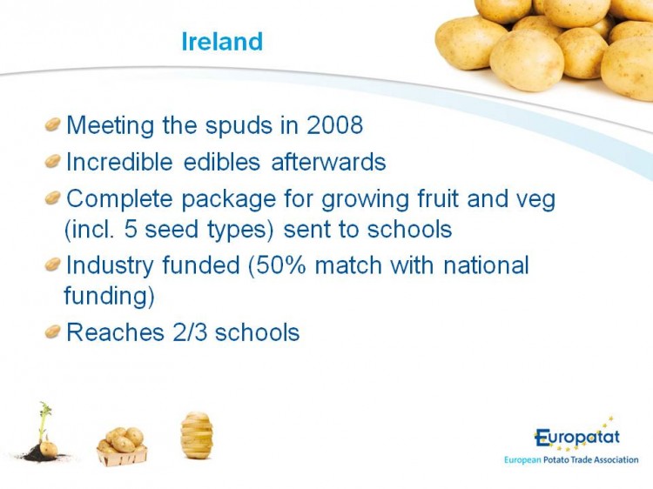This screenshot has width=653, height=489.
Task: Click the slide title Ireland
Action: (222, 42)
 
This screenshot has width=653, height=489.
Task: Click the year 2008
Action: (335, 124)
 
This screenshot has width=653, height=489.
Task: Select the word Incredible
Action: (119, 162)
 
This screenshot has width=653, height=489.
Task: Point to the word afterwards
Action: (328, 162)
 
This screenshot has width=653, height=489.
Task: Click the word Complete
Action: (119, 199)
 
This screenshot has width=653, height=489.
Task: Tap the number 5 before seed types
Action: (131, 230)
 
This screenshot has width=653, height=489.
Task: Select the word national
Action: (486, 265)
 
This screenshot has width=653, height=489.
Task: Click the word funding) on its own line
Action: (109, 297)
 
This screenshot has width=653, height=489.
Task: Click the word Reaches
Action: (115, 332)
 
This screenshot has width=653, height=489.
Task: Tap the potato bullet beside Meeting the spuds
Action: (53, 124)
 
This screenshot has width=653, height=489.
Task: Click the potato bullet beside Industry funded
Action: (53, 264)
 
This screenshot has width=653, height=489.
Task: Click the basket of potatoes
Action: (122, 446)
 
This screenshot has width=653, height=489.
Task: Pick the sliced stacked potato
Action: (197, 435)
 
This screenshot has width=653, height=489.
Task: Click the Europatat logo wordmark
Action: (577, 437)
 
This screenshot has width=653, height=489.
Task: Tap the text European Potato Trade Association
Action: (571, 460)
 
